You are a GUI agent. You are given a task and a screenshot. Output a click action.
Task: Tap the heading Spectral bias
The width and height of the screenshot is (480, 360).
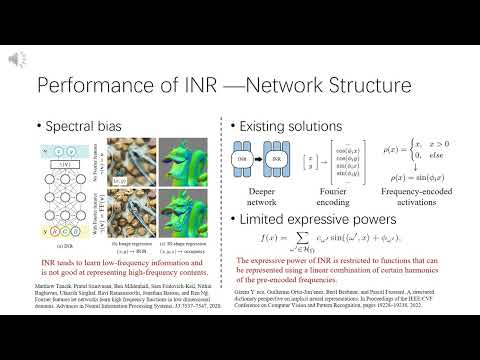(82, 127)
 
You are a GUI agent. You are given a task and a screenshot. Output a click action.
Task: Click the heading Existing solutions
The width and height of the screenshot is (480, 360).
(290, 127)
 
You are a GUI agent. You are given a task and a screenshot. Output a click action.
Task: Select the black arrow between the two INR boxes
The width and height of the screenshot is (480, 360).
(256, 160)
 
